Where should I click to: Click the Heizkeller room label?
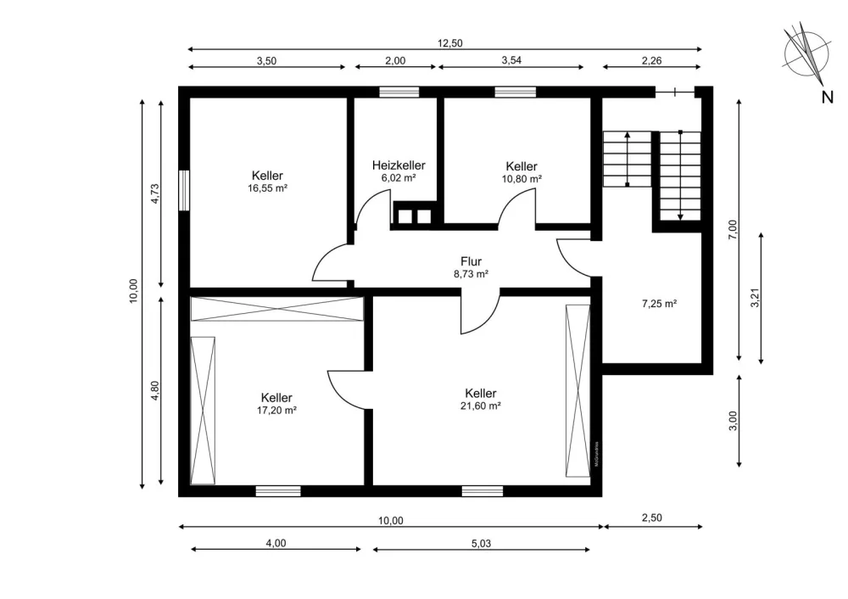coord(399,165)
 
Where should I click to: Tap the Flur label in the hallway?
coord(471,261)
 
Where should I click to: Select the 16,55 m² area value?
coord(267,188)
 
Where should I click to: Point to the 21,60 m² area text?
coord(480,406)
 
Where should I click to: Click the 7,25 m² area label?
coord(659,304)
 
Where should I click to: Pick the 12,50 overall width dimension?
coord(450,43)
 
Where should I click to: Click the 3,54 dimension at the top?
coord(511,60)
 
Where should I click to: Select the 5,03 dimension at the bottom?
coord(481,543)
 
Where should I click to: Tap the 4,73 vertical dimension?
coord(154,193)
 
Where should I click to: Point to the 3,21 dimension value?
coord(756,298)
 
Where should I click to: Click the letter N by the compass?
coord(827,98)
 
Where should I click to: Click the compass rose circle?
coord(806,53)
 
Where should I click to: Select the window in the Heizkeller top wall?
coord(399,92)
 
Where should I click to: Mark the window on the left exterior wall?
coord(184,190)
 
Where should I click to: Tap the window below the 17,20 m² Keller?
coord(278,490)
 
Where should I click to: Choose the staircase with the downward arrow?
coord(680,176)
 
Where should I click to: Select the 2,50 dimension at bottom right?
coord(651,518)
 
